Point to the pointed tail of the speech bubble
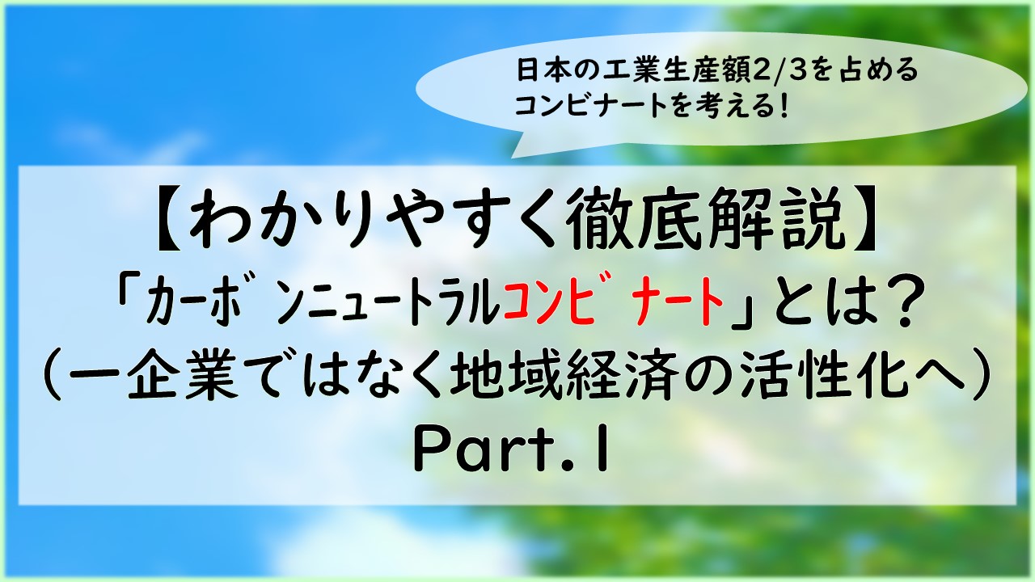click(x=513, y=158)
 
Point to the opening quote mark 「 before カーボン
click(x=128, y=300)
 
